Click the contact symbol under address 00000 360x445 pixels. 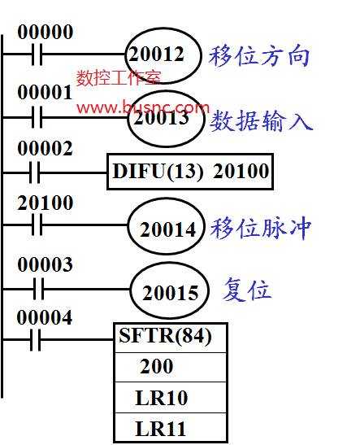pyautogui.click(x=37, y=54)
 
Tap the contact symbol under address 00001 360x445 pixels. pyautogui.click(x=37, y=117)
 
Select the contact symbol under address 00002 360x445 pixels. pyautogui.click(x=35, y=172)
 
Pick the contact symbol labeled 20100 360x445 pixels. pyautogui.click(x=37, y=225)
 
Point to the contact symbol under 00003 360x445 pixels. pyautogui.click(x=39, y=289)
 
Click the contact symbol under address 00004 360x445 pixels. pyautogui.click(x=36, y=339)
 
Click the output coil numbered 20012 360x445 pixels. pyautogui.click(x=163, y=55)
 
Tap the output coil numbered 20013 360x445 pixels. pyautogui.click(x=166, y=119)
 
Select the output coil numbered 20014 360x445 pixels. pyautogui.click(x=167, y=226)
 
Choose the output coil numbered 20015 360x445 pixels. pyautogui.click(x=170, y=290)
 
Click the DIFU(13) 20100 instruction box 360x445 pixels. pyautogui.click(x=190, y=172)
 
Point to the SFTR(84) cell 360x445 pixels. pyautogui.click(x=171, y=338)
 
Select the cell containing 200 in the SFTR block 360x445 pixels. pyautogui.click(x=171, y=368)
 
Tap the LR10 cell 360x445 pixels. pyautogui.click(x=171, y=398)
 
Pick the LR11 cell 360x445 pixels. pyautogui.click(x=171, y=427)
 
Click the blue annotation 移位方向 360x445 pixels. pyautogui.click(x=259, y=56)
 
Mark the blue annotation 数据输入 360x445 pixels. pyautogui.click(x=261, y=120)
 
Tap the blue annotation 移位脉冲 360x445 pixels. pyautogui.click(x=261, y=228)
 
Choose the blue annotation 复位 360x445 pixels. pyautogui.click(x=247, y=290)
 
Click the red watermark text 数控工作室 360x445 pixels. pyautogui.click(x=119, y=78)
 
